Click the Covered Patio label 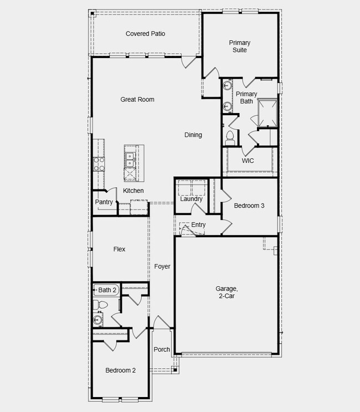[145, 34]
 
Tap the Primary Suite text [240, 47]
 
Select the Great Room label [137, 100]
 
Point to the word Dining [193, 135]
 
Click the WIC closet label [248, 161]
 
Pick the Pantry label [104, 203]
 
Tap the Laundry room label [191, 199]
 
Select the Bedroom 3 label [249, 206]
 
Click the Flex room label [119, 250]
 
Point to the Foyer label [162, 267]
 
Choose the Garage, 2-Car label [227, 292]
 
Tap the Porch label [162, 349]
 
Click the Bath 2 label [107, 290]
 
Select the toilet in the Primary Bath [230, 137]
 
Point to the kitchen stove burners [99, 163]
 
